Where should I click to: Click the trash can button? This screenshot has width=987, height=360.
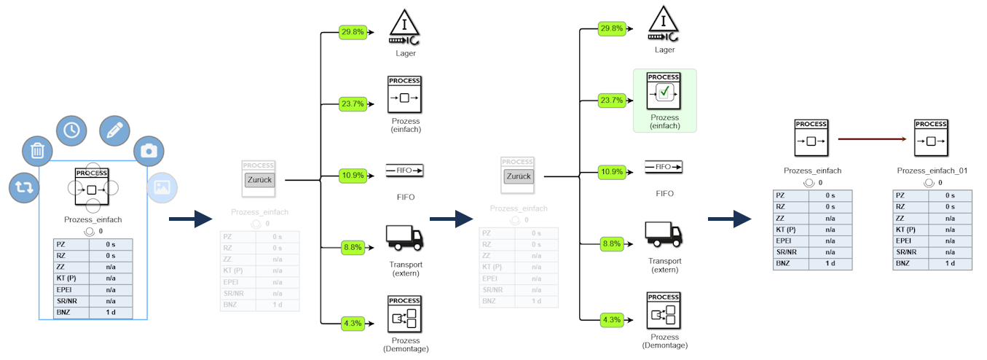pos(37,152)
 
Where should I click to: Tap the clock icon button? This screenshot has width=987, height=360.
pos(71,130)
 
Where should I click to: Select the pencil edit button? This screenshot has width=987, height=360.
pos(114,130)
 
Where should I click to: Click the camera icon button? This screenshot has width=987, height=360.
pos(149,151)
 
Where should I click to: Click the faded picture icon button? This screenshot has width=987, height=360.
pos(162,187)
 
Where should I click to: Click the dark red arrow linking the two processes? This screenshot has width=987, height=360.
pos(871,138)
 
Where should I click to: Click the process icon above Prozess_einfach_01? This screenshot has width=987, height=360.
pos(932,138)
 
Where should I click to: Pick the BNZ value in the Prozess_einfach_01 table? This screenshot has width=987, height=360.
pos(949,263)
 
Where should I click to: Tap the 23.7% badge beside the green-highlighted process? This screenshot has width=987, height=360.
pos(611,100)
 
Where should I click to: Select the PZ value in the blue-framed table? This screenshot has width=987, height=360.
pos(111,244)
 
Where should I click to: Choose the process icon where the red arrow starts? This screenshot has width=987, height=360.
pos(811,138)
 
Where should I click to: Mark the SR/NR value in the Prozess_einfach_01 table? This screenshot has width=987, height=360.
pos(949,252)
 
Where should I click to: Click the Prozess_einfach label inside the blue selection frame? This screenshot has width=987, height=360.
pos(93,219)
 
